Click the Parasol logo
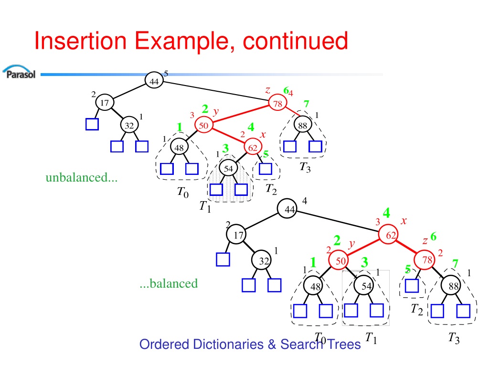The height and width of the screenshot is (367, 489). click(x=19, y=72)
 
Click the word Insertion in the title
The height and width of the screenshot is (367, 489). click(x=80, y=41)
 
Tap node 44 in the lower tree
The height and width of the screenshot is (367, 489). click(x=287, y=208)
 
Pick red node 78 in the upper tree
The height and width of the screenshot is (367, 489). click(x=277, y=103)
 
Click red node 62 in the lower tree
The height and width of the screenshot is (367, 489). click(x=388, y=234)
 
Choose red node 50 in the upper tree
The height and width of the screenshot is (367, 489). click(x=203, y=125)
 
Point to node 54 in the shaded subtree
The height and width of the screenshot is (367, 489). click(x=228, y=169)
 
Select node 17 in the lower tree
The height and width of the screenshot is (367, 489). click(x=236, y=234)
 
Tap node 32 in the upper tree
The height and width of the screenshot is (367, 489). click(x=129, y=125)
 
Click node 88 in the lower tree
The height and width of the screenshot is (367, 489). click(x=451, y=285)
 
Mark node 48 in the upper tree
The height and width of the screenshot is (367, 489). click(x=179, y=147)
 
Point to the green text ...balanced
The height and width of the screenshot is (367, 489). click(x=169, y=283)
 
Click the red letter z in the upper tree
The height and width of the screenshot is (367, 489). click(x=267, y=90)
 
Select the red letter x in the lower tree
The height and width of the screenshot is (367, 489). click(x=404, y=221)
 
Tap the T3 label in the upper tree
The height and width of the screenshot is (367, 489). click(x=305, y=167)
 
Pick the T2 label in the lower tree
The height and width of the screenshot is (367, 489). click(x=416, y=309)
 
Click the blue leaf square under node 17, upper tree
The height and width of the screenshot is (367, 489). click(x=92, y=124)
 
